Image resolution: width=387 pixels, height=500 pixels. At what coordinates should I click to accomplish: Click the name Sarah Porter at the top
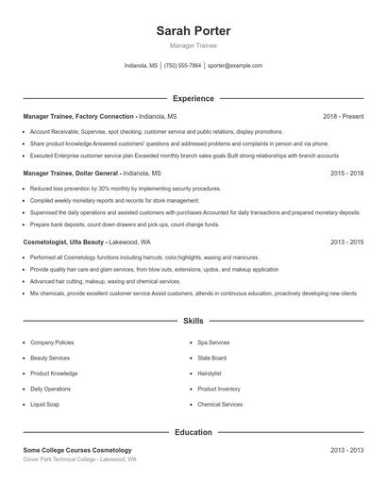(x=193, y=30)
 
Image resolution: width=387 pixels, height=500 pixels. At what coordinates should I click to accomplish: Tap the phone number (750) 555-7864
(x=183, y=66)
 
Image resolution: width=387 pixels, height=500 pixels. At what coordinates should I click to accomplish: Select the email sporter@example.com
(x=235, y=66)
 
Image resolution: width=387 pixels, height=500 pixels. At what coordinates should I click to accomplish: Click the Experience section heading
(x=193, y=98)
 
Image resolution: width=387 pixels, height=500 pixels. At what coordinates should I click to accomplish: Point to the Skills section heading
(x=193, y=321)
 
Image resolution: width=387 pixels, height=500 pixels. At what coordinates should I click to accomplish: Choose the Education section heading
(x=193, y=432)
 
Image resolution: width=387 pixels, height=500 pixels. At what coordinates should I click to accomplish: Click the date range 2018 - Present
(x=343, y=116)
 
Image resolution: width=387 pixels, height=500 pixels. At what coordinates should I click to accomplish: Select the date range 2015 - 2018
(x=346, y=174)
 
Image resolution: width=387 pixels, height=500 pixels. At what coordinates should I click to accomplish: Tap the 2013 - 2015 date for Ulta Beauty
(x=346, y=242)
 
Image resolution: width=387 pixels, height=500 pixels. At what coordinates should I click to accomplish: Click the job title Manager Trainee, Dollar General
(x=71, y=174)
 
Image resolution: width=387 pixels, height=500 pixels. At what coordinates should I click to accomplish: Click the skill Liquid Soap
(x=45, y=404)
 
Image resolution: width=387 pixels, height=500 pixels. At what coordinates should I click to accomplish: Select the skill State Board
(x=212, y=358)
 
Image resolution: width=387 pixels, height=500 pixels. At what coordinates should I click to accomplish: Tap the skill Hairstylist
(x=210, y=373)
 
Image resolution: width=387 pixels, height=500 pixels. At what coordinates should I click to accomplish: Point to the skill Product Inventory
(x=219, y=389)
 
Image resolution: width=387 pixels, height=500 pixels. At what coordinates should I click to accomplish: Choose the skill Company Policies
(x=52, y=342)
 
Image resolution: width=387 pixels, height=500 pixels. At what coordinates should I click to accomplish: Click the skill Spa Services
(x=213, y=342)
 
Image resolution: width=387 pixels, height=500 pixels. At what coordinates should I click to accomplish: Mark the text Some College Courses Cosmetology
(x=77, y=450)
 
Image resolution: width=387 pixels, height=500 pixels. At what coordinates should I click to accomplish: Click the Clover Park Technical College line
(x=79, y=459)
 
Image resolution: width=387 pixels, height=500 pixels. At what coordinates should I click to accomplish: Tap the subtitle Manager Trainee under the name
(x=193, y=45)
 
